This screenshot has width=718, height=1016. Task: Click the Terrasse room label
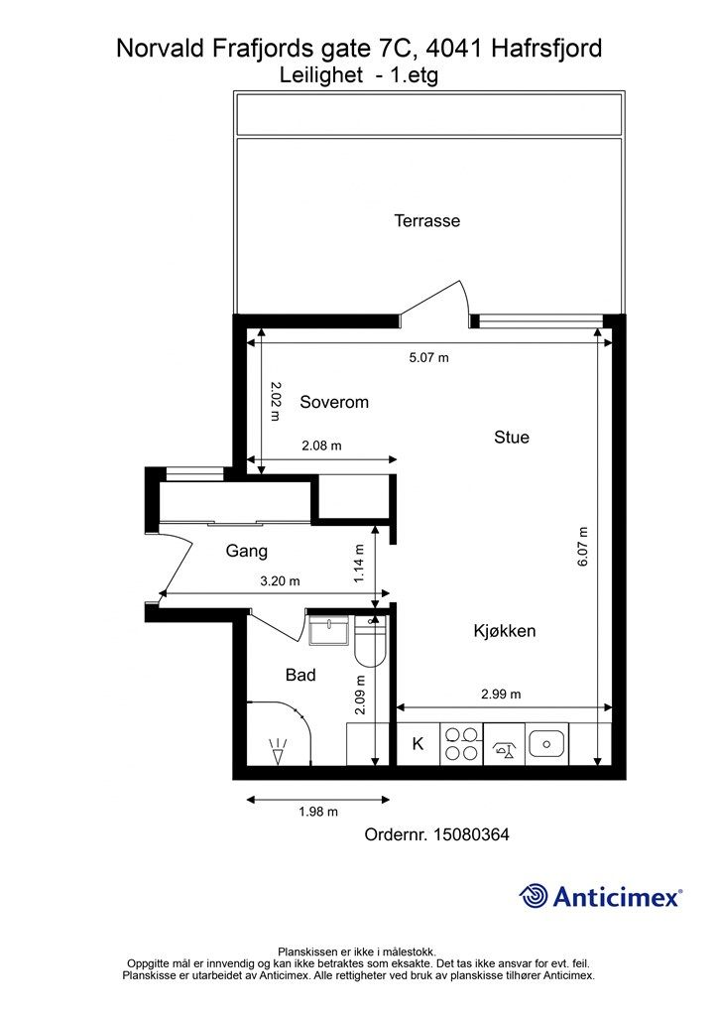[x=426, y=220]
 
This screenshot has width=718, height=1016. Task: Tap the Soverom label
[x=334, y=402]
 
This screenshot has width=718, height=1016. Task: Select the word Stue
[x=512, y=438]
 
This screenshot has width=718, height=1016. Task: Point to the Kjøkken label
[x=505, y=630]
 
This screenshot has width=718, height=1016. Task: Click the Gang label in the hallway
[x=246, y=552]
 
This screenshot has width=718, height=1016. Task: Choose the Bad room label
[x=300, y=675]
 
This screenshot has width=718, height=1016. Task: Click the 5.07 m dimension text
[x=428, y=357]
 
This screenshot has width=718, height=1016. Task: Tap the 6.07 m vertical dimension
[x=583, y=548]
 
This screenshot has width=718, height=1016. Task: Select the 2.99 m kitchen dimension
[x=501, y=694]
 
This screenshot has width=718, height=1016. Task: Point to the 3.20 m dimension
[x=280, y=581]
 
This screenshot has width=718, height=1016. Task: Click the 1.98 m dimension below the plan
[x=318, y=812]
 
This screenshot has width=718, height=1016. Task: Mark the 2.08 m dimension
[x=321, y=445]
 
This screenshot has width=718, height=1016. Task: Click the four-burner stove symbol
[x=461, y=744]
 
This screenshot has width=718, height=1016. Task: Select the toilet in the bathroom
[x=370, y=641]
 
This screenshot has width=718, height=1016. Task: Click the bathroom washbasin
[x=329, y=630]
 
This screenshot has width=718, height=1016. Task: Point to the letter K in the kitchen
[x=419, y=744]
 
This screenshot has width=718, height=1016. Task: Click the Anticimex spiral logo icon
[x=533, y=897]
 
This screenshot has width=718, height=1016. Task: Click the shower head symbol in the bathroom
[x=279, y=752]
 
